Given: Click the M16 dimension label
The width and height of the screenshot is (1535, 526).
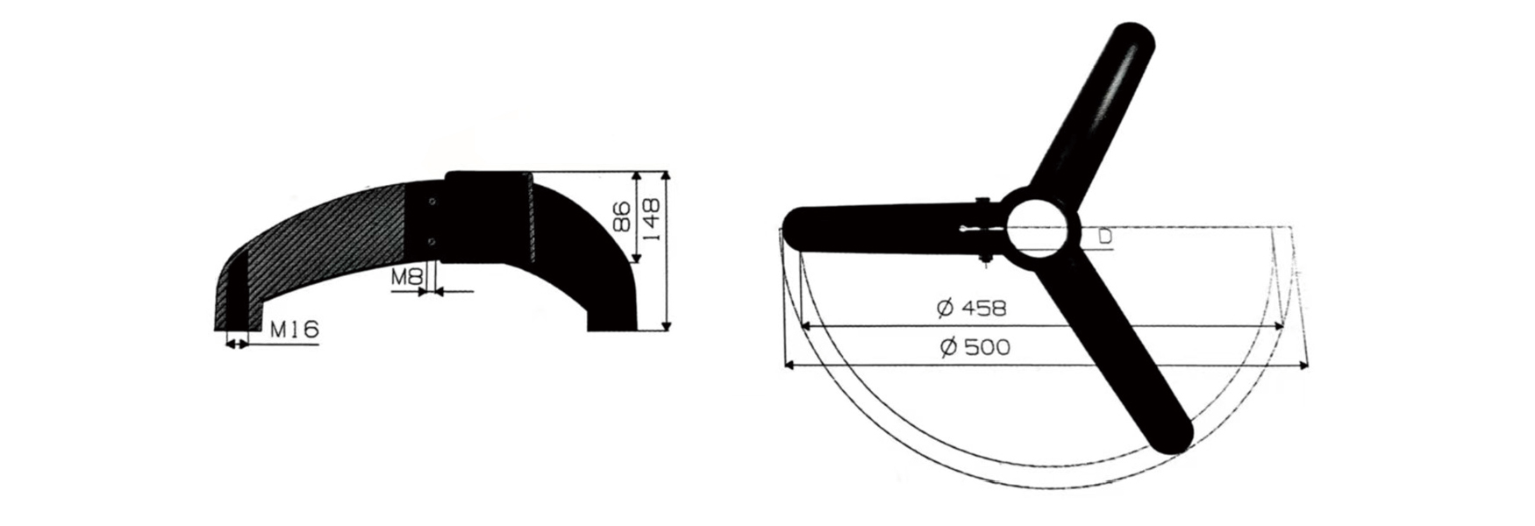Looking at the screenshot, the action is coord(294,331).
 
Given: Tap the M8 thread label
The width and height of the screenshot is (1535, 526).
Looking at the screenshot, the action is coord(407,278).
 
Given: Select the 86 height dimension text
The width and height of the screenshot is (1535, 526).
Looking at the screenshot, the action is coord(621,217).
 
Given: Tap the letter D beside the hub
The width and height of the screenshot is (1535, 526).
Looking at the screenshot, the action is coord(1105,237).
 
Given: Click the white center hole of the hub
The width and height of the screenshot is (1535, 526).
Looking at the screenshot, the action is coord(1039,225).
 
